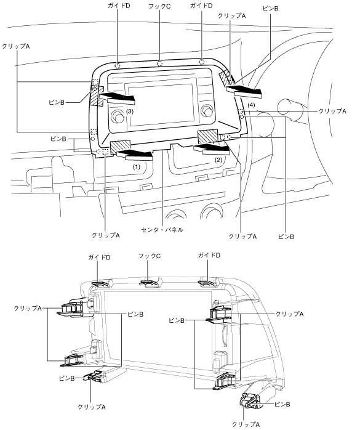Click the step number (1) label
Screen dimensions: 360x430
(137, 166)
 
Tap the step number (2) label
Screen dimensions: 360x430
(218, 160)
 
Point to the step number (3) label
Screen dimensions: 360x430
(130, 112)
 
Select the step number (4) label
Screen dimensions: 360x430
(251, 105)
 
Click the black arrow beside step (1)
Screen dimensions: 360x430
(135, 155)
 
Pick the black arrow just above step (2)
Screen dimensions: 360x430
(212, 150)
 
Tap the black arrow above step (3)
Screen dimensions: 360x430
(118, 98)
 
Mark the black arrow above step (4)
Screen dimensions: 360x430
(244, 91)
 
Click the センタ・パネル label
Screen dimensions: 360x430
(162, 230)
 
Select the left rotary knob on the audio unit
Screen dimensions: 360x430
(118, 116)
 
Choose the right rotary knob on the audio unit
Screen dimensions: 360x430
(207, 111)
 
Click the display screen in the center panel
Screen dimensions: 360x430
(159, 105)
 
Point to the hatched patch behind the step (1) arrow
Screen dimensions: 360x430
(120, 145)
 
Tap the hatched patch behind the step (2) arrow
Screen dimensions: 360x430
(207, 136)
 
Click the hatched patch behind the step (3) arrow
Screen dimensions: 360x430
(96, 96)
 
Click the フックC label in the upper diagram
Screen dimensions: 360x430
(159, 6)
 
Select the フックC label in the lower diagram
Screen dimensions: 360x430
(150, 256)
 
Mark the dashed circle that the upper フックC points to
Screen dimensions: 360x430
(159, 63)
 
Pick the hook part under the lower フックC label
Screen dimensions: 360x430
(150, 283)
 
